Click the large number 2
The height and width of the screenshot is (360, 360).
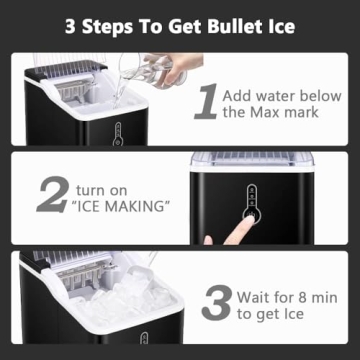click(x=52, y=195)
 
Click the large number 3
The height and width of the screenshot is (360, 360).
click(x=217, y=304)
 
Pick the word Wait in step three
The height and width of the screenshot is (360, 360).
click(x=257, y=296)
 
